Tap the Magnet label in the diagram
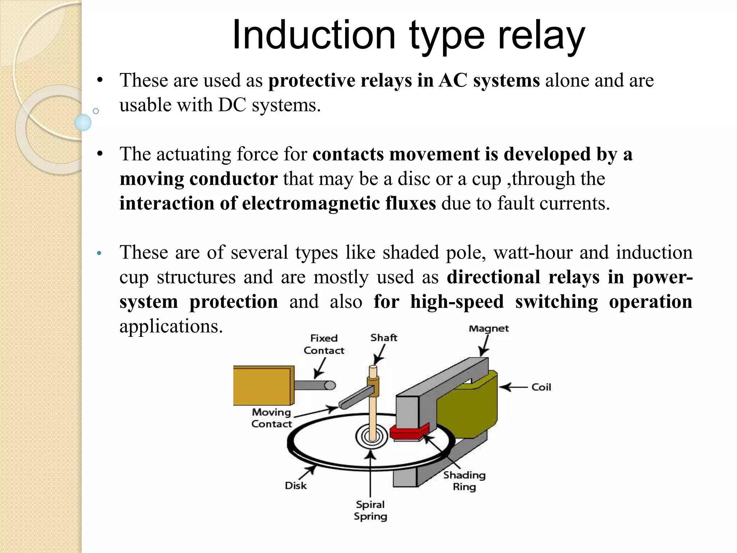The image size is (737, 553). click(x=488, y=328)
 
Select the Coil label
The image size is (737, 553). click(x=541, y=387)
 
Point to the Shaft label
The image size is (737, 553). click(x=384, y=338)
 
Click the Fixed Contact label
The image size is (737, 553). click(x=324, y=344)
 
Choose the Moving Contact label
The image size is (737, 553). click(x=271, y=418)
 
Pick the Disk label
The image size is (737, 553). click(x=295, y=486)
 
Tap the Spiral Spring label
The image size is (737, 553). click(x=370, y=510)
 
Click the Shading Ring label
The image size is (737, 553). click(x=464, y=481)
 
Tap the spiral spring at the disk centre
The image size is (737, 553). click(x=371, y=437)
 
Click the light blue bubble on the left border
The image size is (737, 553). click(x=83, y=122)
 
